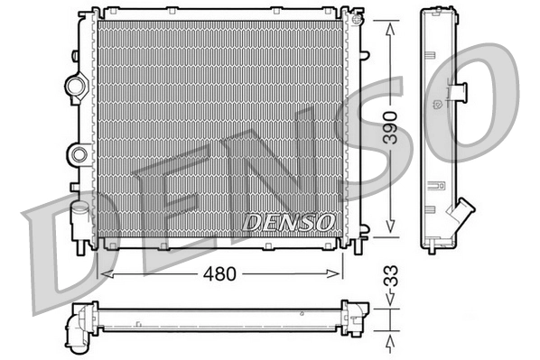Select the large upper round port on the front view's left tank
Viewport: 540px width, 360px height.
click(x=74, y=88)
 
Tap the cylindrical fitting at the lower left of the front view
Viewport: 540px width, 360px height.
click(x=78, y=219)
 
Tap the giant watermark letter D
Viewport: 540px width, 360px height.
click(x=68, y=257)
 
